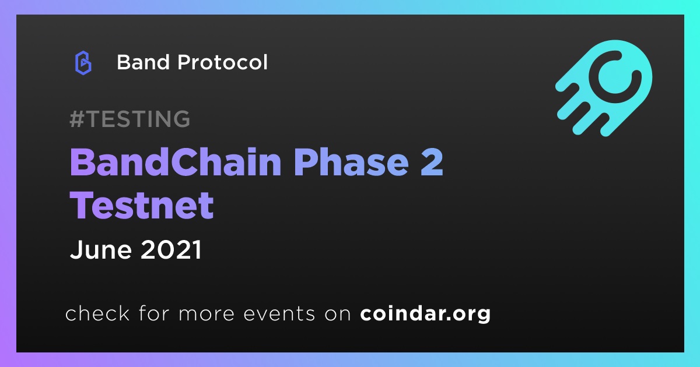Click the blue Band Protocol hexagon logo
[x=83, y=63]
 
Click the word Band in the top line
[x=143, y=62]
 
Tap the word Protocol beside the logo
[x=222, y=62]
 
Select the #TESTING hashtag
[x=129, y=119]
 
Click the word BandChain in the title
[x=176, y=162]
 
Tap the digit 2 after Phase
[x=432, y=162]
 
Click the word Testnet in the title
[x=142, y=205]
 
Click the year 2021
[x=171, y=250]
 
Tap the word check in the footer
[x=97, y=313]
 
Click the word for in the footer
[x=155, y=313]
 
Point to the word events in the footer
[x=279, y=314]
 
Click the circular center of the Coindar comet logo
[x=615, y=76]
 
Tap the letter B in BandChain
[x=82, y=162]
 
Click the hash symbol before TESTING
[x=76, y=119]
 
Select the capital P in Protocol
[x=184, y=62]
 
